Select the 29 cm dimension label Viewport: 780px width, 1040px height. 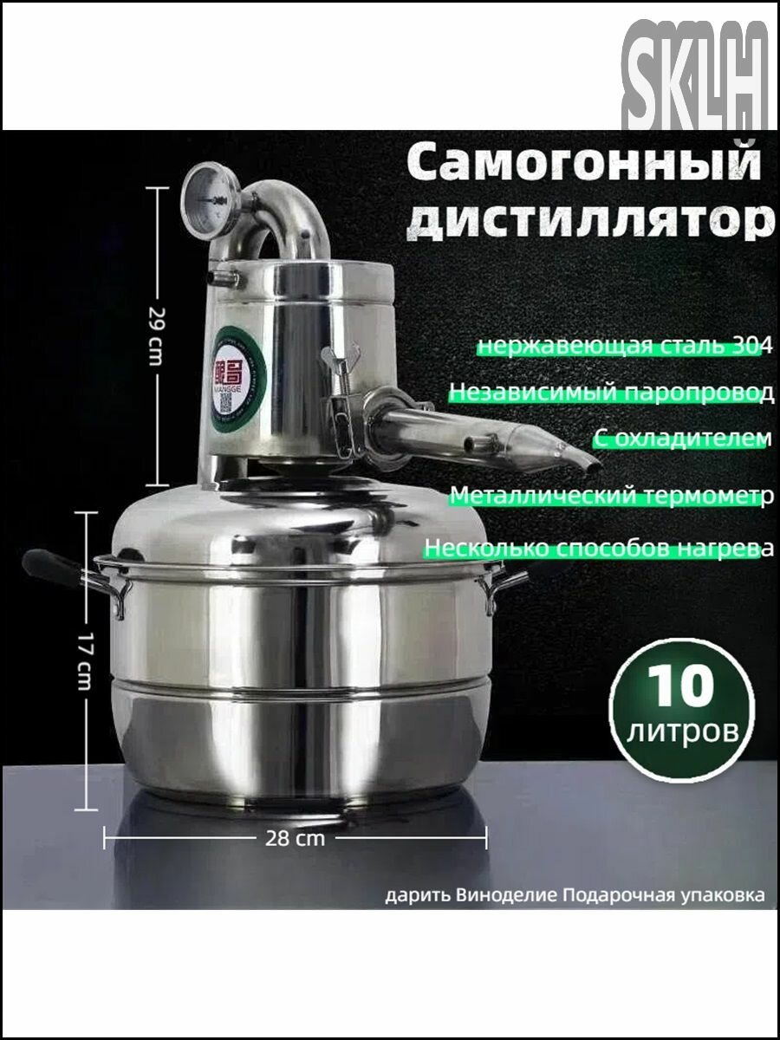[x=155, y=335]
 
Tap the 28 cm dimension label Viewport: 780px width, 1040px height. [x=296, y=838]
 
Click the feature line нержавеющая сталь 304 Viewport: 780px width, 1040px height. [x=621, y=347]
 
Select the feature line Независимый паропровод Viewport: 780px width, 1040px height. [x=610, y=393]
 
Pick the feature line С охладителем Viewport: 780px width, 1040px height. [x=681, y=439]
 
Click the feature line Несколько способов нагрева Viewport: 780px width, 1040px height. [x=598, y=549]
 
